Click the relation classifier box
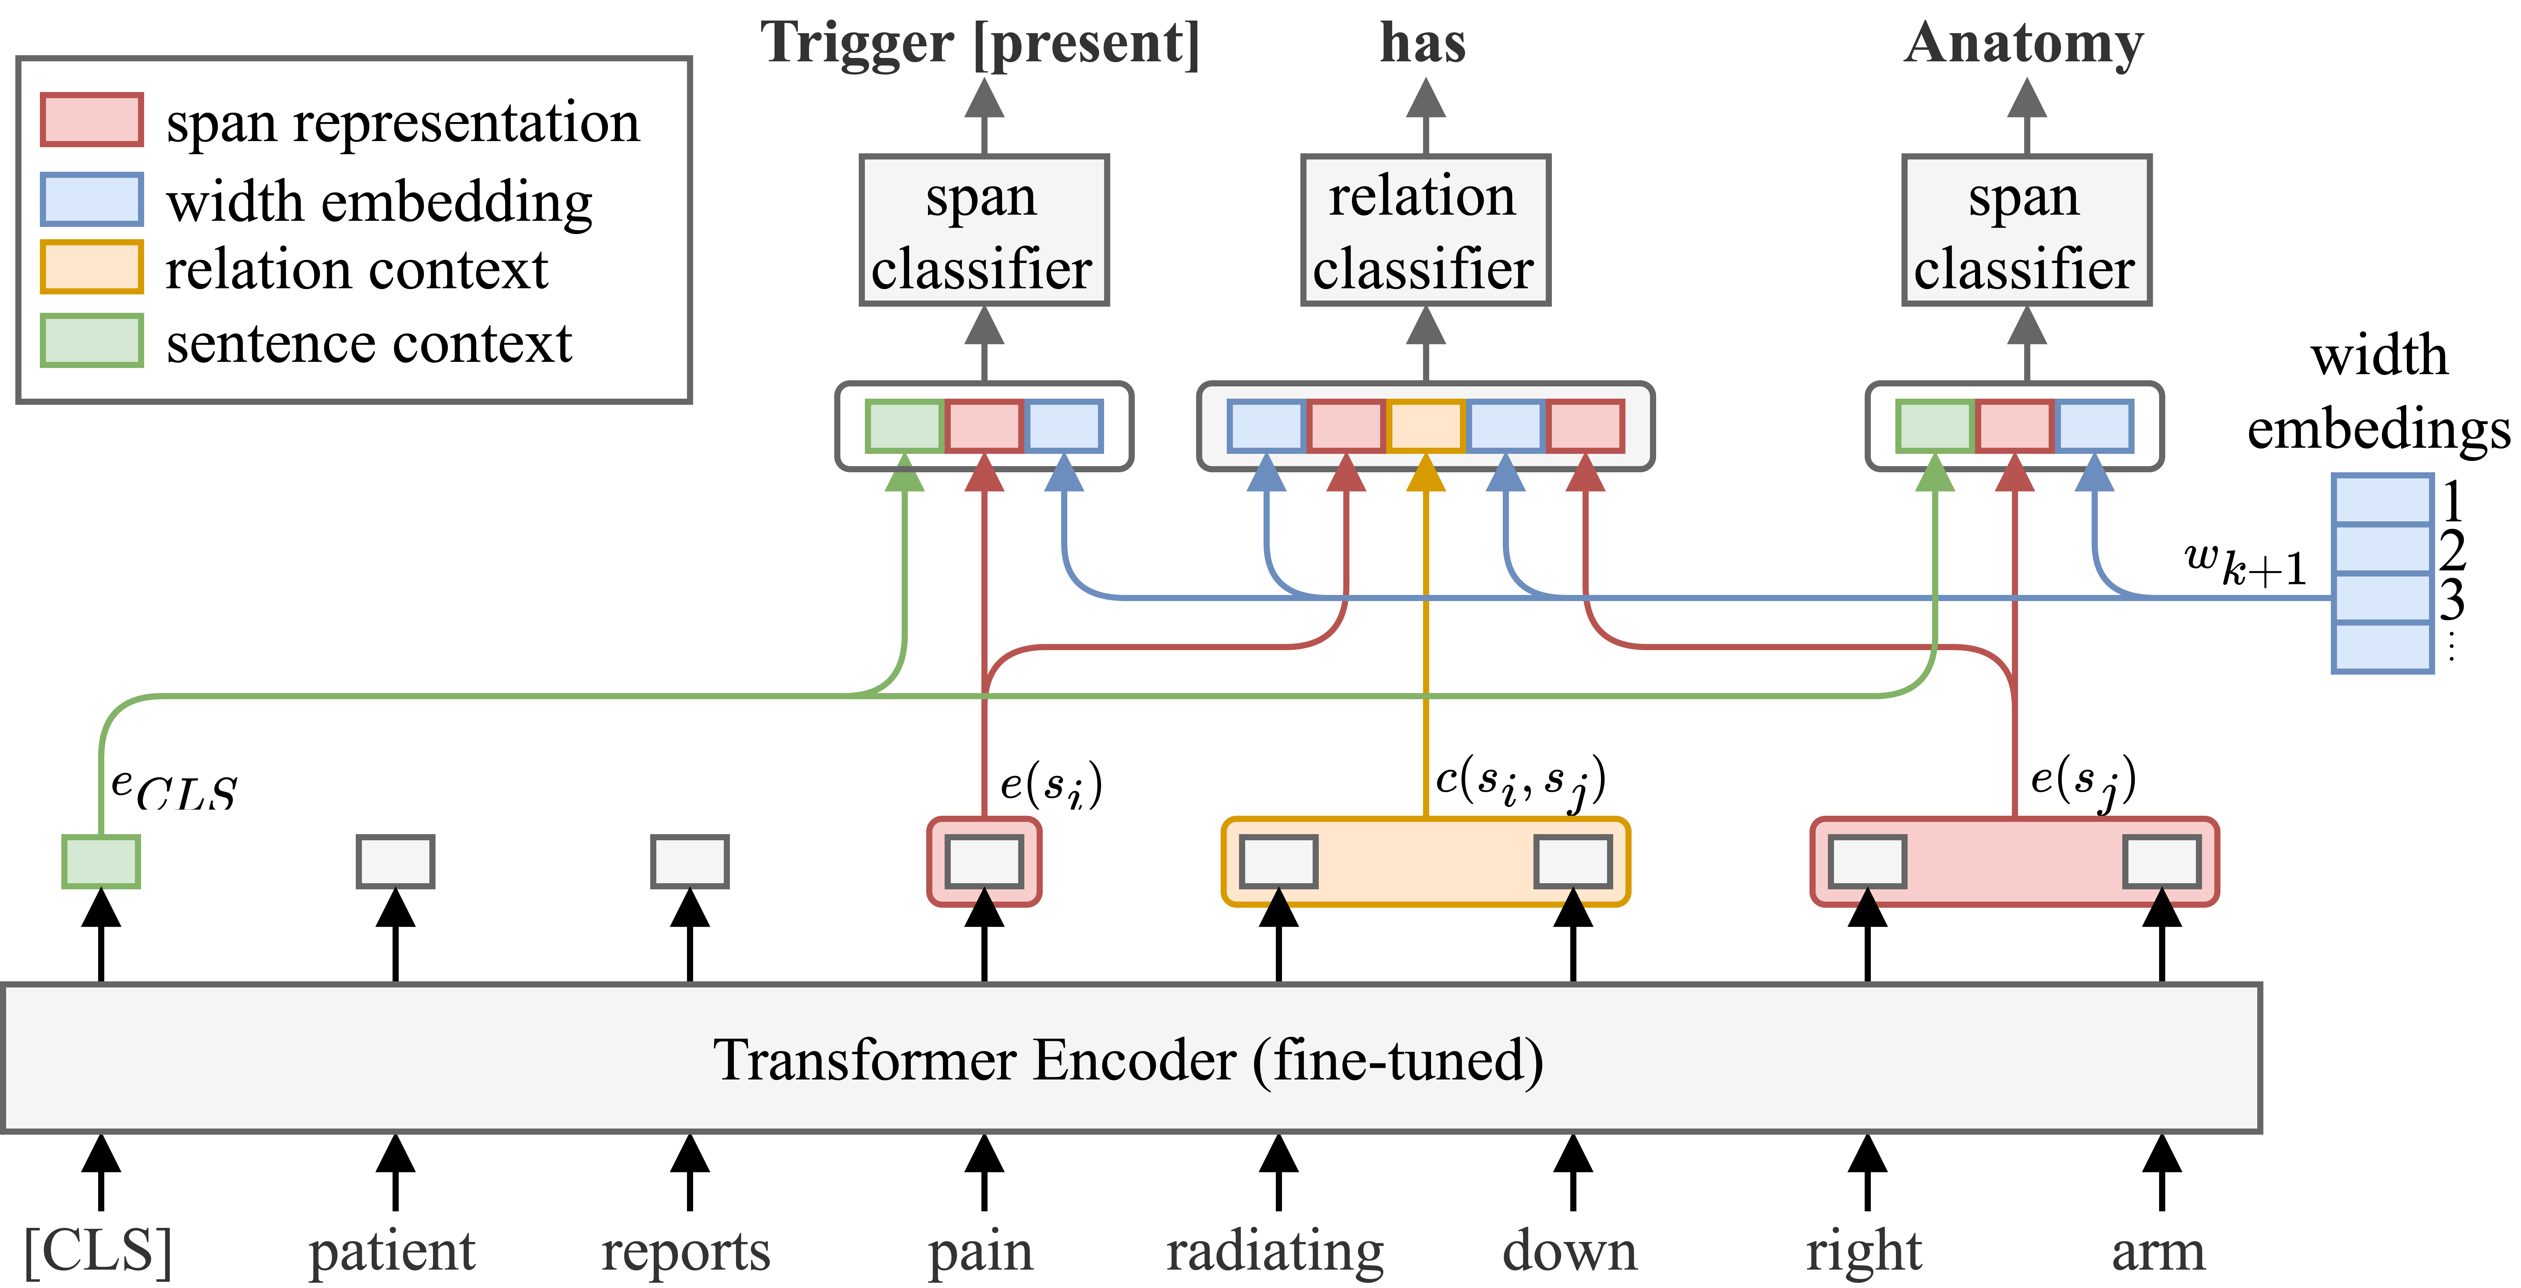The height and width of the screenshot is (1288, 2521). click(x=1425, y=230)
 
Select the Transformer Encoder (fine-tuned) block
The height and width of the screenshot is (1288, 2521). click(x=1130, y=1059)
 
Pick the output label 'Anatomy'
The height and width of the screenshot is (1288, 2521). click(x=2024, y=44)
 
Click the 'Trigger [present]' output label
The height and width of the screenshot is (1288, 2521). click(x=980, y=44)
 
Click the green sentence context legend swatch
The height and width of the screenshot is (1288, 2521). click(x=92, y=341)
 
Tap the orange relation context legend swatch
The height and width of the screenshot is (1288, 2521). click(x=92, y=267)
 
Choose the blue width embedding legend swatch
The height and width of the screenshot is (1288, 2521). click(x=92, y=200)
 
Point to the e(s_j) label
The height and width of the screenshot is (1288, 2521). click(x=2082, y=781)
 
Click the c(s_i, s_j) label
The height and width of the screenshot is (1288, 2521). click(x=1520, y=781)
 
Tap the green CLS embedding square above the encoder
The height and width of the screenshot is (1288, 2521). click(x=101, y=861)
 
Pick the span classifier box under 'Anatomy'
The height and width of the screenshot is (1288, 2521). click(x=2026, y=230)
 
